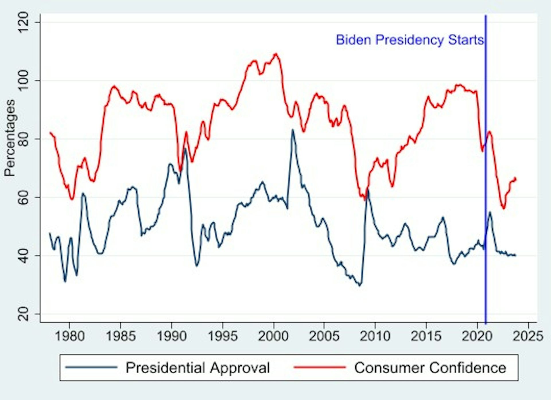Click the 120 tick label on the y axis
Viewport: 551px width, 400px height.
(x=24, y=23)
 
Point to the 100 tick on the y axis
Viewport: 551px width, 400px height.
(x=24, y=81)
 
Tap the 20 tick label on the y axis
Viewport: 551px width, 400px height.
(x=24, y=314)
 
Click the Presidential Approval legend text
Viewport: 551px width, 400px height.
(x=198, y=368)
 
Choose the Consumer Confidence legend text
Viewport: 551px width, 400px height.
(x=430, y=368)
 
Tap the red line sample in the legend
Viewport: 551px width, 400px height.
(x=320, y=367)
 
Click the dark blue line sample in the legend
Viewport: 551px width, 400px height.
(x=91, y=367)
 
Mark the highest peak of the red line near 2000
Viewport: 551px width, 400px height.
(x=276, y=54)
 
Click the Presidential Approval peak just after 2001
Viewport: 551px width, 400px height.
(x=292, y=130)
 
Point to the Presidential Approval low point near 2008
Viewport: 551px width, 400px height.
(x=360, y=285)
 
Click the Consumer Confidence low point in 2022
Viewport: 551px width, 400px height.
(x=503, y=209)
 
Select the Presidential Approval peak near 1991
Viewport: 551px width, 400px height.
(x=185, y=148)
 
